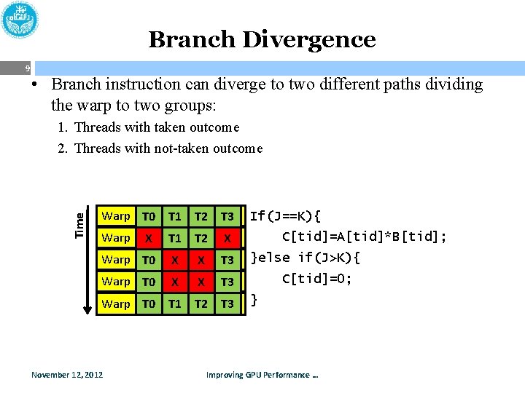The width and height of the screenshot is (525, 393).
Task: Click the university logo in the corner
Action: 21,21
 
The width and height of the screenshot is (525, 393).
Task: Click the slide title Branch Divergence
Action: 262,39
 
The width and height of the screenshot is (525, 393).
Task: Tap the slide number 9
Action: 27,69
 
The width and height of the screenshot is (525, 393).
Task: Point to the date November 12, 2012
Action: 67,375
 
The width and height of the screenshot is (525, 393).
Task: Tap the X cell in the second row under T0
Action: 149,238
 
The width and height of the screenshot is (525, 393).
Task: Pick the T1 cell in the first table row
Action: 175,216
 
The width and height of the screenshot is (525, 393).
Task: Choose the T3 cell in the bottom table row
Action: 227,303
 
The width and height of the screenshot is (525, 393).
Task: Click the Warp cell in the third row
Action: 116,260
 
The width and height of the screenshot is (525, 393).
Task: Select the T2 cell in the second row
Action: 201,238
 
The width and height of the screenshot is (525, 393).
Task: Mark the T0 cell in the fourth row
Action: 149,282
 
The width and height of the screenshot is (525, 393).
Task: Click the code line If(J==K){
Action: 285,216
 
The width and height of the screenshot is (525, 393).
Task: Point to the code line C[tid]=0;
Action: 316,278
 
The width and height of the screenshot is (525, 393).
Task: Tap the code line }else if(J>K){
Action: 306,258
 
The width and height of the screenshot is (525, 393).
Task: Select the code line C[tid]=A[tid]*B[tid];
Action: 365,237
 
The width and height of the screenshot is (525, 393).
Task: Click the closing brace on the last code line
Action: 254,299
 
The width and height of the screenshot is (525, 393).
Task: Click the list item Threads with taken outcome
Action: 157,127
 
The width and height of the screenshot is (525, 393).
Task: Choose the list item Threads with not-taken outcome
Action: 168,148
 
